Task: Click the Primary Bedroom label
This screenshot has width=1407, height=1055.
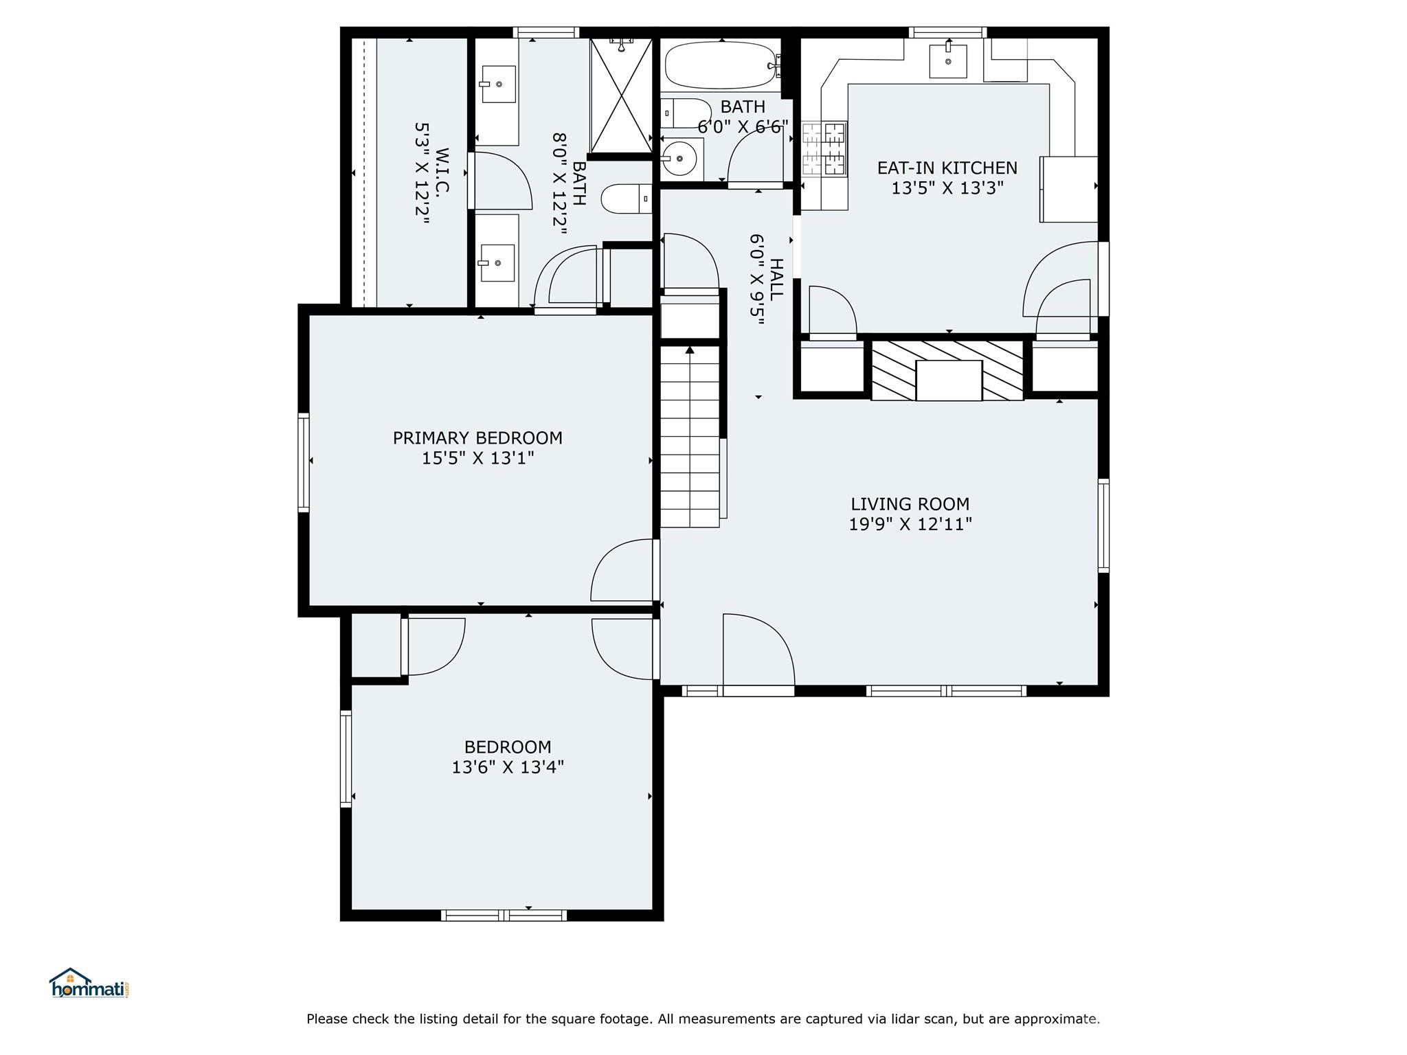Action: coord(477,438)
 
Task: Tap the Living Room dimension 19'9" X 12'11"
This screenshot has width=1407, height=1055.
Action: coord(910,524)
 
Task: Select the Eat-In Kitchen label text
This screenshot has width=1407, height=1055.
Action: coord(947,168)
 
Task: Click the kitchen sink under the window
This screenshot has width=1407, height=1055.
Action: coord(948,61)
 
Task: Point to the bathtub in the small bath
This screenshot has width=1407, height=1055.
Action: coord(722,66)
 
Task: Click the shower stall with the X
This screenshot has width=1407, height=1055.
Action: coord(621,95)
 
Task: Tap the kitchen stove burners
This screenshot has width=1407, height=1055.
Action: coord(824,148)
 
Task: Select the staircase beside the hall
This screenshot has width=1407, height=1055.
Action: coord(690,437)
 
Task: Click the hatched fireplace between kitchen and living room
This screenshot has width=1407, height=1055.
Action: coord(948,370)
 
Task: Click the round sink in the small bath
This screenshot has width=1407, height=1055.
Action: coord(679,159)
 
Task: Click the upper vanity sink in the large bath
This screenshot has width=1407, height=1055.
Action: coord(498,85)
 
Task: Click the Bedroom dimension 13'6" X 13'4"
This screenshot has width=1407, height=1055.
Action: coord(508,767)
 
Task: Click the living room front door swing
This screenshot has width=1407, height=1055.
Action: coord(758,650)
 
